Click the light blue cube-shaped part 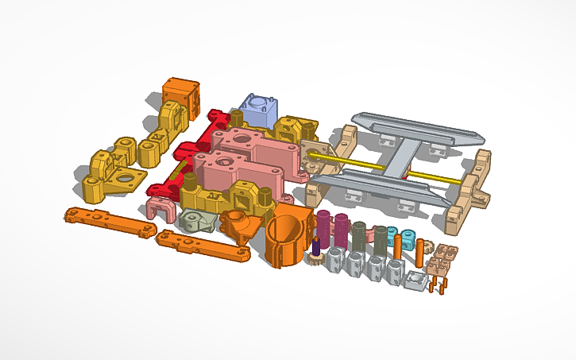259,110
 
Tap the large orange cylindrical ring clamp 288,239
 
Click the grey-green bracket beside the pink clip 193,220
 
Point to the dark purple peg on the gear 317,246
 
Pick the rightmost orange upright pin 419,252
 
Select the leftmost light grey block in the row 334,261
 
